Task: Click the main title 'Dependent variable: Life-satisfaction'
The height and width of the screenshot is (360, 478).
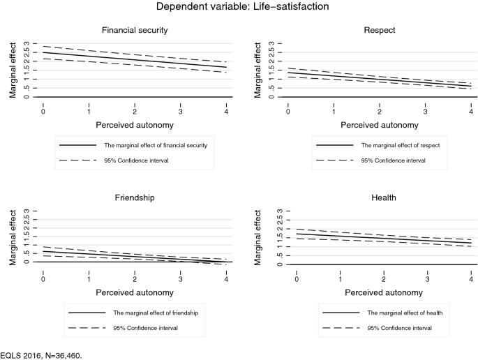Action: (x=238, y=8)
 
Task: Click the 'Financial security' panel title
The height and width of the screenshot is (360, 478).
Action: (x=135, y=31)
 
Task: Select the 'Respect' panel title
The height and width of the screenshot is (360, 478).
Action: (x=380, y=31)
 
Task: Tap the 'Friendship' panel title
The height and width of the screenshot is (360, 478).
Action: (x=135, y=197)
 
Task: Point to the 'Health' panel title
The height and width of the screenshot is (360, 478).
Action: (x=384, y=198)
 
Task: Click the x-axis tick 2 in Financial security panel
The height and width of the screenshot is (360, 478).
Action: (x=135, y=112)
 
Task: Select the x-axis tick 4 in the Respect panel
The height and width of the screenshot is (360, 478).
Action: (x=470, y=112)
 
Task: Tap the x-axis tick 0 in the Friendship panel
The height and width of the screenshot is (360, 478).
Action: (x=43, y=278)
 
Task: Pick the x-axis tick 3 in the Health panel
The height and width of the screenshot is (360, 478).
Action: (x=428, y=279)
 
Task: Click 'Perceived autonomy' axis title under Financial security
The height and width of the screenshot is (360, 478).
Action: (x=135, y=126)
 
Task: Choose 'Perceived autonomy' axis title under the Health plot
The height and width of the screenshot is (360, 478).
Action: (x=384, y=292)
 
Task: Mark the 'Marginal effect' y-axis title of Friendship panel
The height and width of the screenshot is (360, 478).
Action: (x=13, y=237)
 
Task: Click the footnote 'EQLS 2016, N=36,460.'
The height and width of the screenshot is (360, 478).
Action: (x=41, y=354)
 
